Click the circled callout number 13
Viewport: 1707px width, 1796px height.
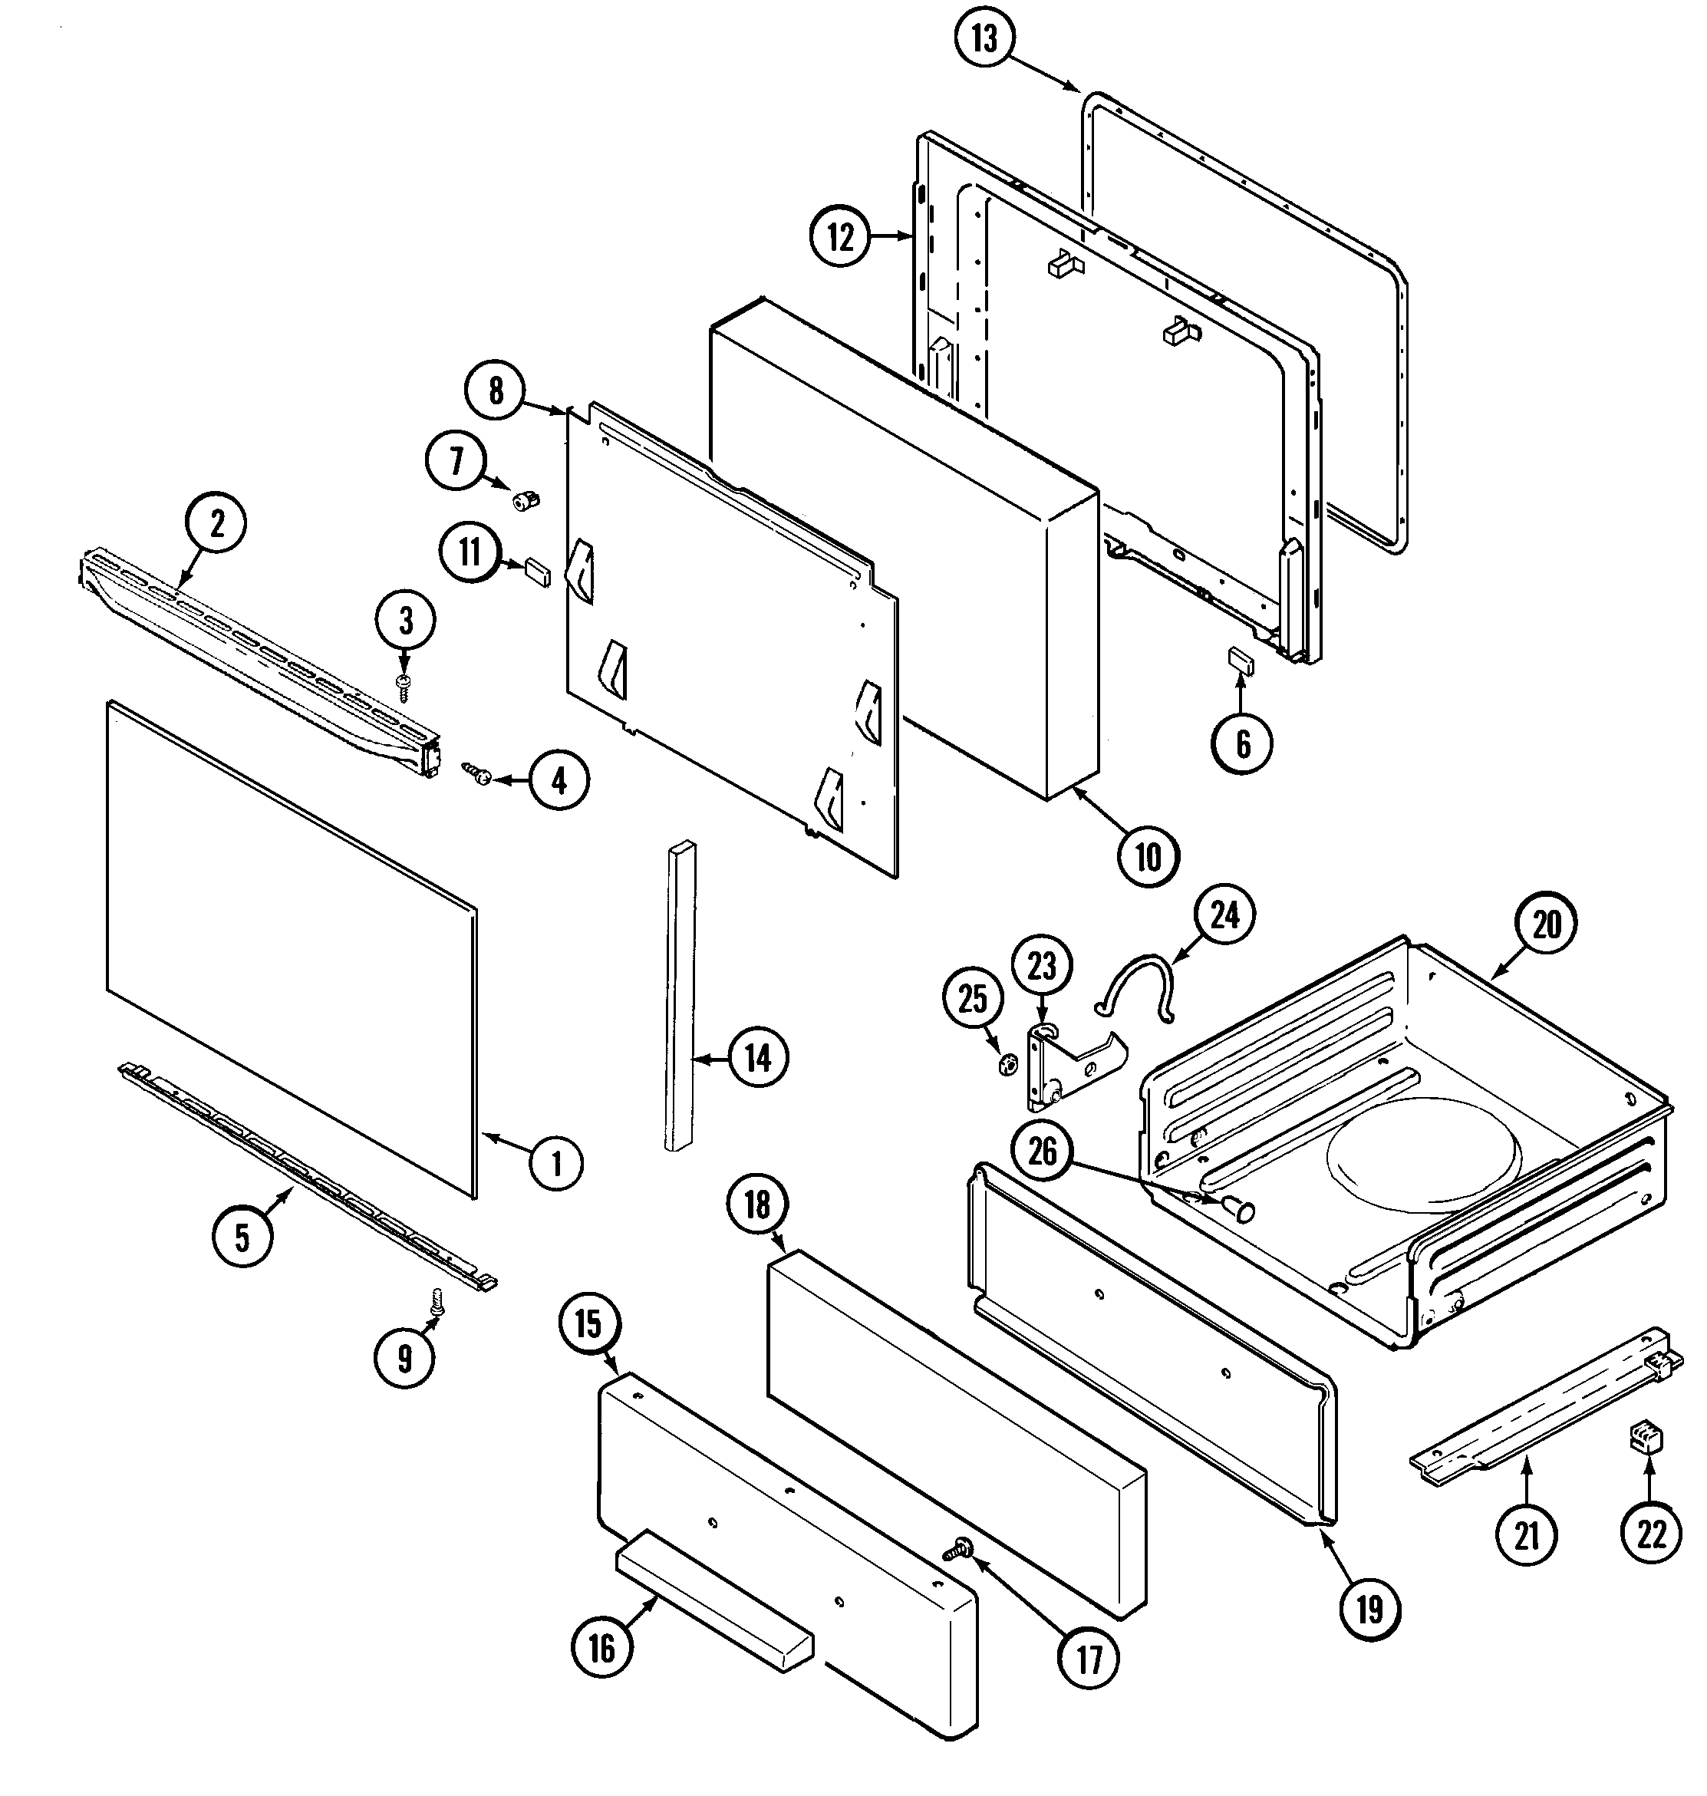984,39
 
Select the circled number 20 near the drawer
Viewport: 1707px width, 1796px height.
1546,924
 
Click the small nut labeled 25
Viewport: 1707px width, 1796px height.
1007,1063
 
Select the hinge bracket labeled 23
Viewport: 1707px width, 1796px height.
1069,1068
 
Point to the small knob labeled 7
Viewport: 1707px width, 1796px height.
525,499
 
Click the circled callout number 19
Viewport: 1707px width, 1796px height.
1369,1610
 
